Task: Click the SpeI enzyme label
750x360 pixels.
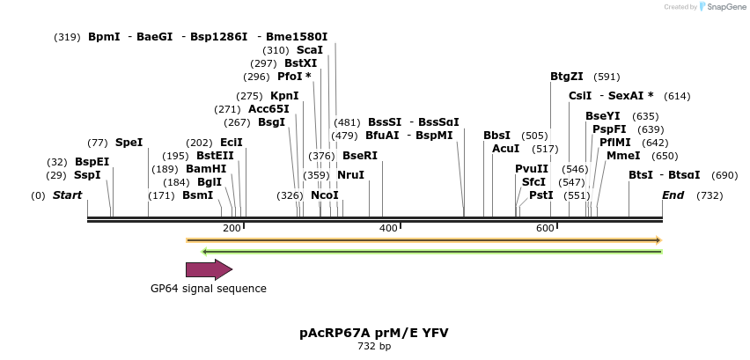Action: [x=129, y=142]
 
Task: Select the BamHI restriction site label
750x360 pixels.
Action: [x=206, y=168]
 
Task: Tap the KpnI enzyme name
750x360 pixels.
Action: [x=284, y=96]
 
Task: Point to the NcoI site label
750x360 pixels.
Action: [x=324, y=195]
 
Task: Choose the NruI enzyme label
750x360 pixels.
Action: [x=350, y=175]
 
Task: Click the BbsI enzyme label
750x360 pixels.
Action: [x=496, y=136]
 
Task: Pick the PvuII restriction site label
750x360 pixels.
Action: [x=532, y=169]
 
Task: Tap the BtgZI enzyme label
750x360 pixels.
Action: [x=567, y=77]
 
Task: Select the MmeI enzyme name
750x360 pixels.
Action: [x=623, y=156]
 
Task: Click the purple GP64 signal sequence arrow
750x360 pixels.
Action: [x=209, y=269]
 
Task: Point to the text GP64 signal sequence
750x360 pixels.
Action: [x=209, y=289]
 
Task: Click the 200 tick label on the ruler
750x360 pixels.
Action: [x=232, y=229]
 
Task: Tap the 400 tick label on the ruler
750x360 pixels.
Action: [x=388, y=229]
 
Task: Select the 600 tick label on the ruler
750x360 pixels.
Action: [x=545, y=229]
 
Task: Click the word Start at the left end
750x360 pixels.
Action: [x=67, y=195]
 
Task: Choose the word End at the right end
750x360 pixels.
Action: [x=673, y=195]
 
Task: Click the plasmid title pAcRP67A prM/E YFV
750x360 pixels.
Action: [x=374, y=334]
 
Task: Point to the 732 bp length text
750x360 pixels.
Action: [x=374, y=347]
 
